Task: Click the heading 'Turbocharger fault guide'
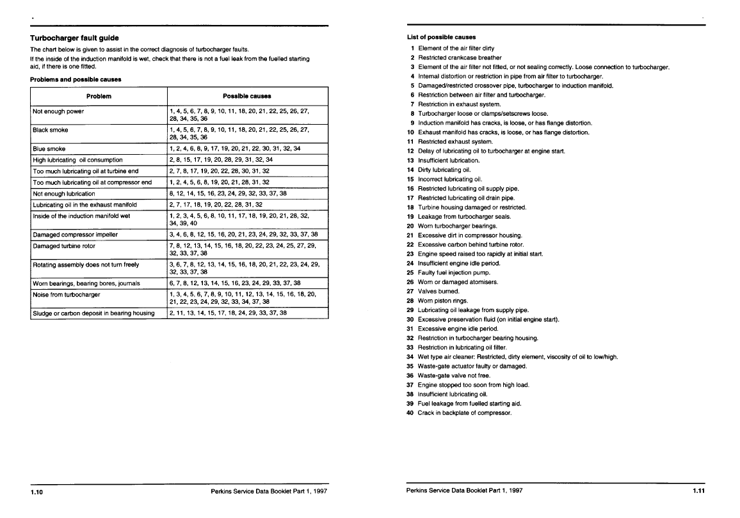coord(74,38)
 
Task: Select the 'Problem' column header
coord(99,96)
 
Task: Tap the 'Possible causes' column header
coord(246,96)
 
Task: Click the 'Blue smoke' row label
coord(49,148)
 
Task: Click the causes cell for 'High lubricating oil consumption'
coord(220,159)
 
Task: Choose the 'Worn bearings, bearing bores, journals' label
coord(86,283)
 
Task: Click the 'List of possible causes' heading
coord(441,37)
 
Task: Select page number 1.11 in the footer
coord(698,491)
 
